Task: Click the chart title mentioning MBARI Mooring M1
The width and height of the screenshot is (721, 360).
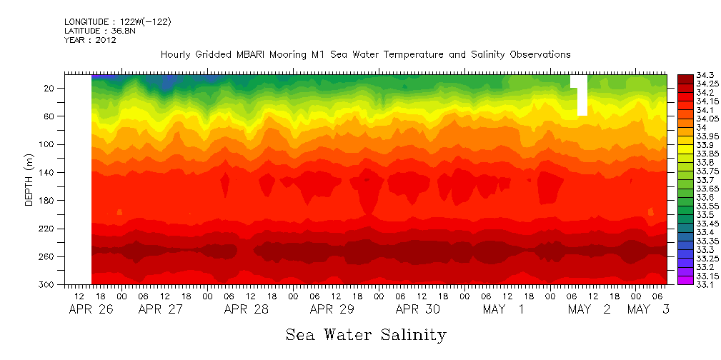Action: point(365,55)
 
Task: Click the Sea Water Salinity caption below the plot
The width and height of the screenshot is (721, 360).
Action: point(366,334)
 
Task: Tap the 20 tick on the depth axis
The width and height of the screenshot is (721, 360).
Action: point(50,88)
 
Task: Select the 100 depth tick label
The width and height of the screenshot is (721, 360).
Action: point(48,144)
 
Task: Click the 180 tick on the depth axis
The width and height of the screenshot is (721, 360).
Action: point(48,200)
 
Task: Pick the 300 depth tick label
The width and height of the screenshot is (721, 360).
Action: point(48,284)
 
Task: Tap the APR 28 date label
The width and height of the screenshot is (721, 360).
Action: point(246,309)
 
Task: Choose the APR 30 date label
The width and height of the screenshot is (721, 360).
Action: point(417,309)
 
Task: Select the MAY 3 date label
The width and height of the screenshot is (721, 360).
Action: point(648,309)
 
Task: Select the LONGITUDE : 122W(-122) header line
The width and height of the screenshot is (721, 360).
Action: point(118,22)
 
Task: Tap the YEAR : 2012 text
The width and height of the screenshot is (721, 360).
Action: point(90,40)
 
